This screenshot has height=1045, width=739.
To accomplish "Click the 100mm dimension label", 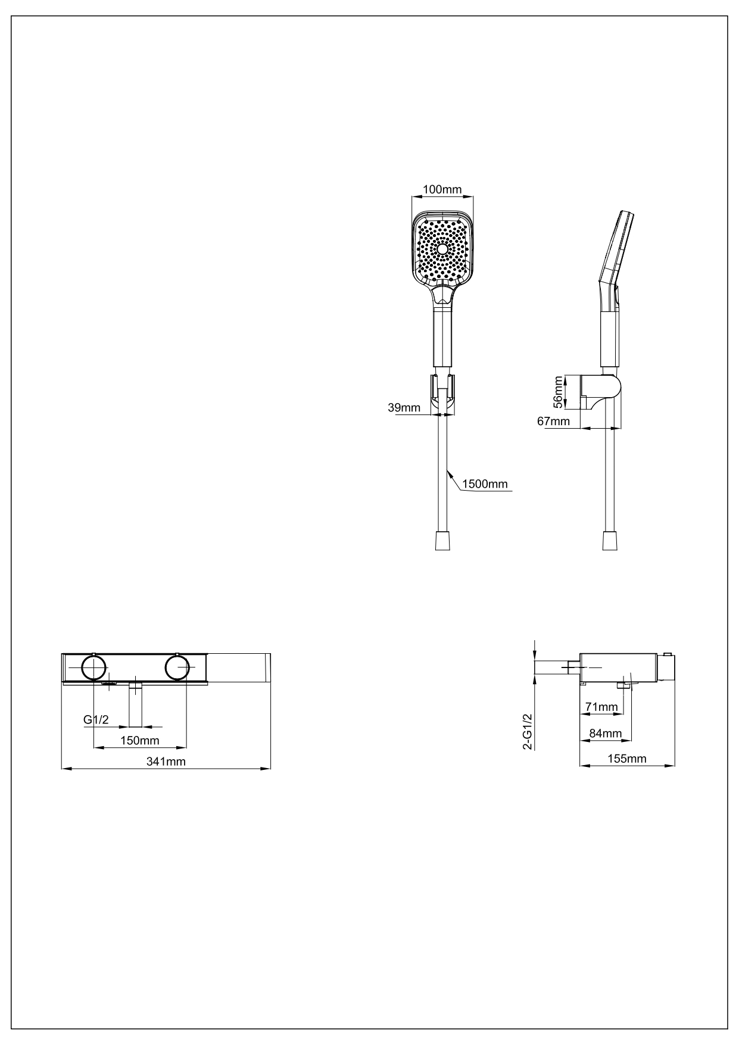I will [442, 190].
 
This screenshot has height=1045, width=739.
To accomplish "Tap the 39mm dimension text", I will [404, 407].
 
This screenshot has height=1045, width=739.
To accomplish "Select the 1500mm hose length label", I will [485, 483].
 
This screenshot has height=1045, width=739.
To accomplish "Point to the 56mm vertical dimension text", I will [558, 392].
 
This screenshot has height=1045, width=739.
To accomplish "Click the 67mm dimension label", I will [553, 422].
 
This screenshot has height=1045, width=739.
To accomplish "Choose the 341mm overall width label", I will [166, 762].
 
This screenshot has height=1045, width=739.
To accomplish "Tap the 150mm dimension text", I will [139, 740].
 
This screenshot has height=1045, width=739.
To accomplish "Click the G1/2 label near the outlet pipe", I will [96, 720].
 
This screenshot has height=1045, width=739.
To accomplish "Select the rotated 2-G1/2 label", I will [527, 732].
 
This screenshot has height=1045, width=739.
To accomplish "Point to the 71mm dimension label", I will [601, 706].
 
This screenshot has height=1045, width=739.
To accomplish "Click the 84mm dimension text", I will [605, 733].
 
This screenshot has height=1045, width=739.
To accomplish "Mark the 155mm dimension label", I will [626, 759].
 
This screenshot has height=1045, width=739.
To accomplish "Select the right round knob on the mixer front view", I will [177, 668].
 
